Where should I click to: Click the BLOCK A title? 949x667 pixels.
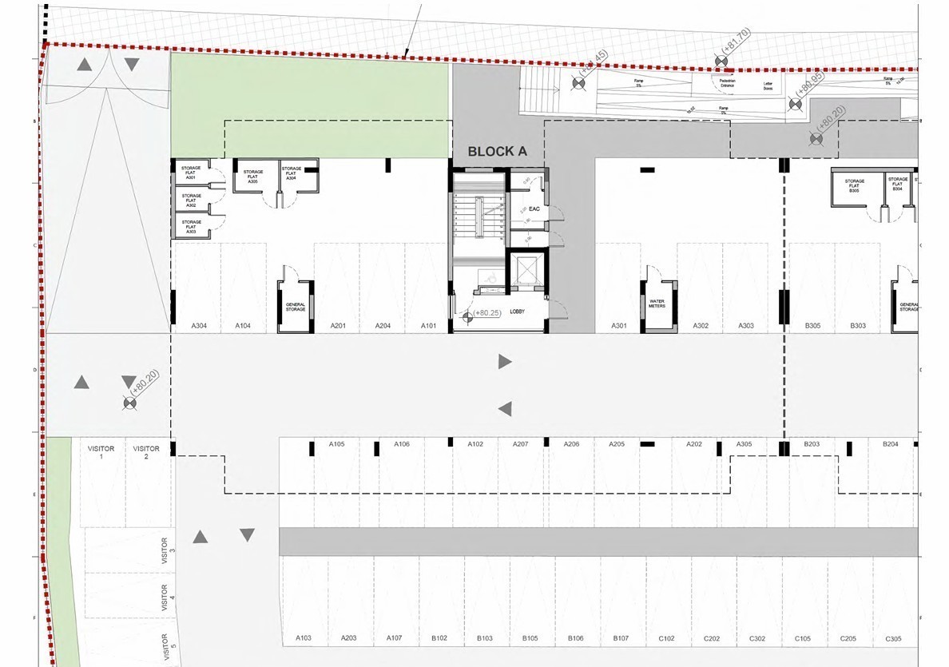(x=497, y=151)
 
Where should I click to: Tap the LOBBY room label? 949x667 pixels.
(x=516, y=312)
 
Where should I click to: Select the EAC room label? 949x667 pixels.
(x=534, y=209)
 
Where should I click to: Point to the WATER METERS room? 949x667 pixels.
(x=657, y=304)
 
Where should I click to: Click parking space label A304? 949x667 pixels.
(x=199, y=326)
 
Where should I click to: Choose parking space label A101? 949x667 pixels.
(x=429, y=326)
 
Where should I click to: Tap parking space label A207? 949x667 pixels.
(x=520, y=444)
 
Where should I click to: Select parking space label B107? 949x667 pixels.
(x=621, y=638)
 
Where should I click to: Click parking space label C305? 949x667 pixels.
(x=894, y=638)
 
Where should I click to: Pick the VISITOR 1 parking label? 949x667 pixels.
(x=101, y=452)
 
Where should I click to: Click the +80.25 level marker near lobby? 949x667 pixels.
(x=486, y=313)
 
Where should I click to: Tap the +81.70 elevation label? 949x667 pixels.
(x=736, y=45)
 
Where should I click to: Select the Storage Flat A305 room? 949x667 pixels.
(x=253, y=177)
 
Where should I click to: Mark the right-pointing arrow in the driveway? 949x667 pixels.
(x=504, y=362)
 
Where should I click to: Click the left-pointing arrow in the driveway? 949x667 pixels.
(x=504, y=409)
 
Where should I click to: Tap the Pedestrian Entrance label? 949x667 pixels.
(x=727, y=82)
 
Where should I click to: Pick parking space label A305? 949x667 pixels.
(x=744, y=444)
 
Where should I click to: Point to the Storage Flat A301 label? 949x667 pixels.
(x=190, y=173)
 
